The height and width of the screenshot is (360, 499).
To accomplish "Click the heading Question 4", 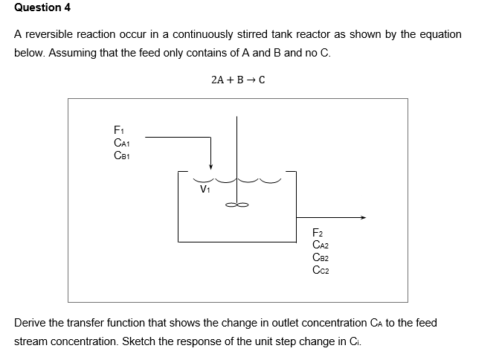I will (x=37, y=7).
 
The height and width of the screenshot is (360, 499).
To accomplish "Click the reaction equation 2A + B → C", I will (x=238, y=79).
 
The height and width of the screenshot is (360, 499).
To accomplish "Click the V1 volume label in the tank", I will (x=205, y=190).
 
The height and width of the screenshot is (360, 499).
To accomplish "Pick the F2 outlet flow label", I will (x=318, y=233).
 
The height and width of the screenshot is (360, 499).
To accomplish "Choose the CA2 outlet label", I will (x=321, y=245).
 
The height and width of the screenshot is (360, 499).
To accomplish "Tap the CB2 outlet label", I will (x=321, y=257).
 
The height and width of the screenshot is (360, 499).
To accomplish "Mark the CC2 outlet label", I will (x=321, y=270).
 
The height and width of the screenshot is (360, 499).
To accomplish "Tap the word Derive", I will (x=30, y=324).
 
